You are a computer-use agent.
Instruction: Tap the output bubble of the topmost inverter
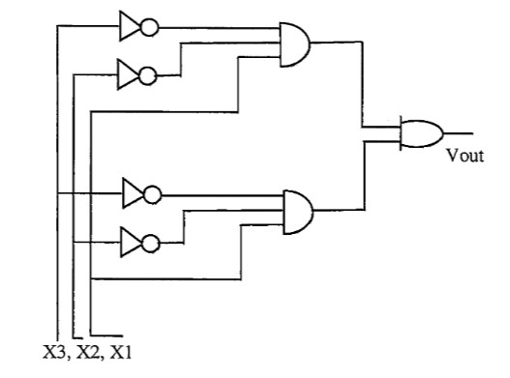coord(150,26)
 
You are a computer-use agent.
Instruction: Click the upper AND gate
coord(293,44)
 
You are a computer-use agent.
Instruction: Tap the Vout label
coord(464,154)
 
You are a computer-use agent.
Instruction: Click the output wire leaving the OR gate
coord(458,132)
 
